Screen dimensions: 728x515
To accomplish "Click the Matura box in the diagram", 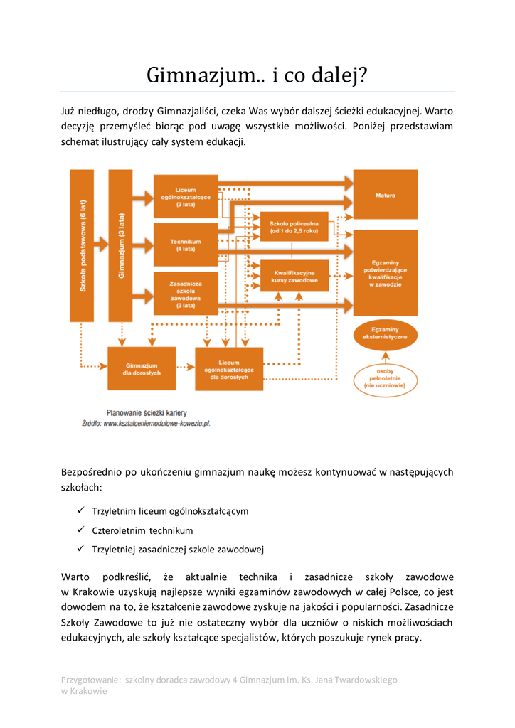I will (x=386, y=194).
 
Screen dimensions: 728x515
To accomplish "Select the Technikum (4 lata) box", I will (x=186, y=245).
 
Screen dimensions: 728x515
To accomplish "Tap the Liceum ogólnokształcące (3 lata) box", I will (x=186, y=196).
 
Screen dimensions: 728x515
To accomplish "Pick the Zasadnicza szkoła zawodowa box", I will (x=186, y=294).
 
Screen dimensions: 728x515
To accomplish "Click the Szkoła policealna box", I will (x=294, y=227).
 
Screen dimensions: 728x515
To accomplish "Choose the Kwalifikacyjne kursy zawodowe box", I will (x=294, y=276).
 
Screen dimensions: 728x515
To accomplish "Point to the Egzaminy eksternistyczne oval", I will (x=385, y=333).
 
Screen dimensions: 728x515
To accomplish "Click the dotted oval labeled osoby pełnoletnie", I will (x=385, y=378).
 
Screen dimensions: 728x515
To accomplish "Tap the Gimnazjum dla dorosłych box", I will (x=142, y=368).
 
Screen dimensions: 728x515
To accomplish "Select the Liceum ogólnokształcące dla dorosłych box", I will (x=229, y=368).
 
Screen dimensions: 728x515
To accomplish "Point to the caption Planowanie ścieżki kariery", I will (x=147, y=412).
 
